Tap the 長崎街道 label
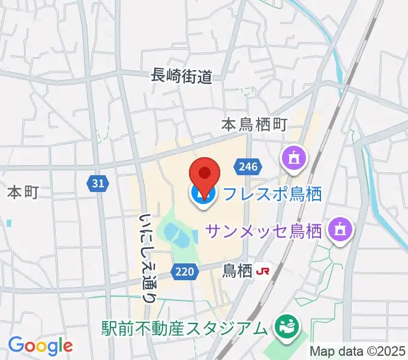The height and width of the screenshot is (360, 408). [x=182, y=76]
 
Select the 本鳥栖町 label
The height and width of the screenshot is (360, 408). [x=254, y=124]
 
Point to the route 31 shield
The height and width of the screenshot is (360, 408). [x=99, y=183]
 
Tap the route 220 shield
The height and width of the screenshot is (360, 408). [x=185, y=272]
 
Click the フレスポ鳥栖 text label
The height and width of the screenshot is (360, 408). [x=272, y=194]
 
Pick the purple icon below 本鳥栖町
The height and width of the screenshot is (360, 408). [x=295, y=159]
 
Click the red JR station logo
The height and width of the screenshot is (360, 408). [x=262, y=271]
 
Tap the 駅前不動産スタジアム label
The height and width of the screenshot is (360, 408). [x=183, y=329]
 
